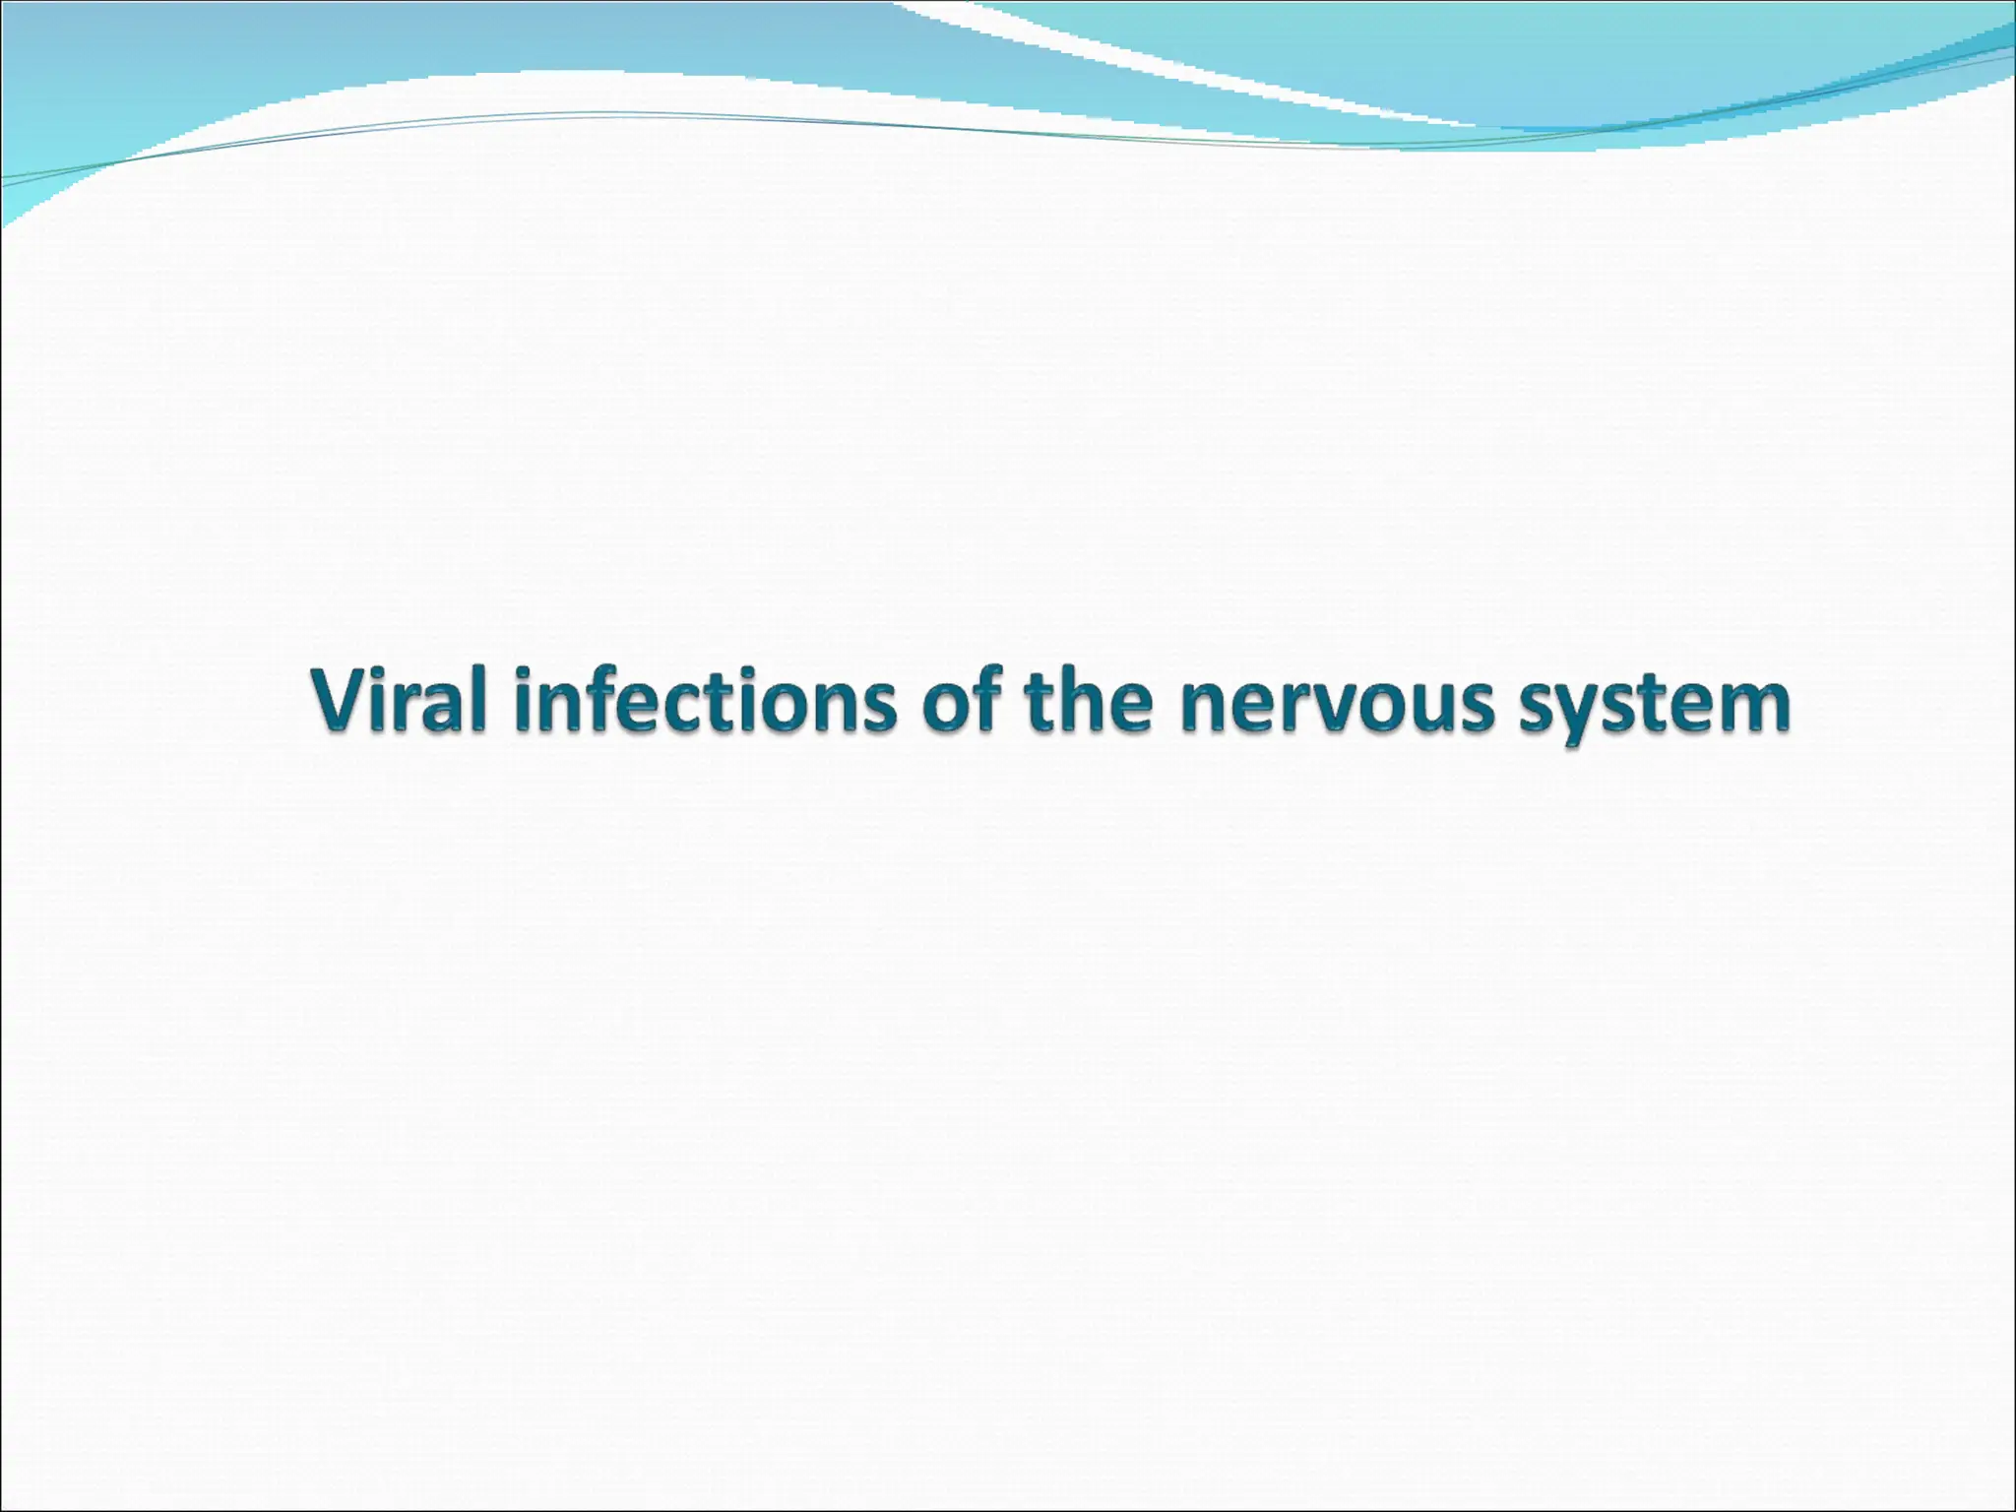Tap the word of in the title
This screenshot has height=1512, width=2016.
[x=962, y=701]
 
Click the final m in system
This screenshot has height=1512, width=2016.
[x=1752, y=709]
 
